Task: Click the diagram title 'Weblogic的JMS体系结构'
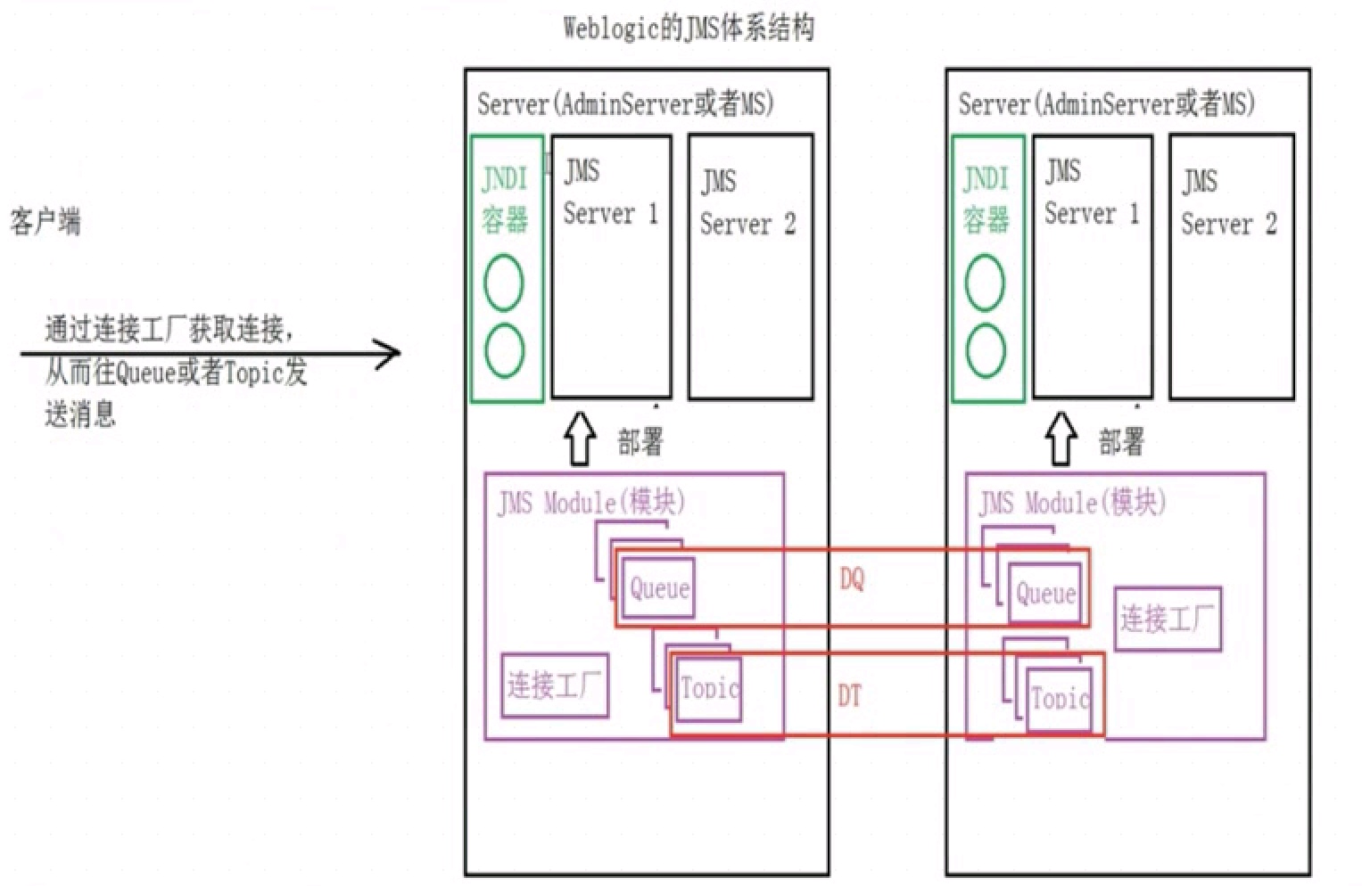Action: coord(688,29)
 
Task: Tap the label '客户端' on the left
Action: coord(45,221)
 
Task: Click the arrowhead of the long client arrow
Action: coord(390,354)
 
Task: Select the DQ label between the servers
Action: coord(852,579)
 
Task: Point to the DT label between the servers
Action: coord(849,695)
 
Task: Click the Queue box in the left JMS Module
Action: coord(659,587)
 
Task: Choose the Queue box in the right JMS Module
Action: coord(1045,593)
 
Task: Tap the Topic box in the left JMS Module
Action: coord(709,687)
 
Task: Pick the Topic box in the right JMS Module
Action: coord(1060,698)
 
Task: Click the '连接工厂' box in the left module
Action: coord(555,685)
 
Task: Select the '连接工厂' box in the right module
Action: coord(1167,619)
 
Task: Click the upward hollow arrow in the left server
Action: coord(581,439)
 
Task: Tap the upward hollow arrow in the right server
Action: coord(1061,439)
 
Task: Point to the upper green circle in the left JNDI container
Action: coord(503,283)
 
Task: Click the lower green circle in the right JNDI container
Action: coord(985,350)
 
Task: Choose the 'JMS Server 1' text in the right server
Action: coord(1091,193)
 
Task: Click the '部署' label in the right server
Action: coord(1121,441)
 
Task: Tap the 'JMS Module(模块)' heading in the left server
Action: coord(591,503)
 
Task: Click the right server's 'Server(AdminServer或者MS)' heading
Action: coord(1106,104)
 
